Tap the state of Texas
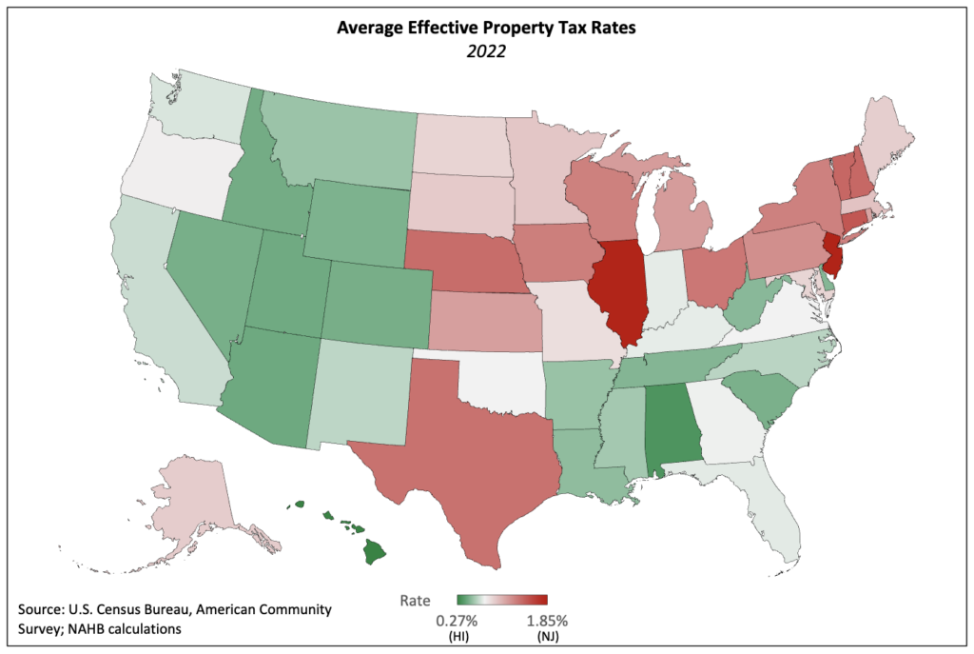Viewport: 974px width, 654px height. pyautogui.click(x=466, y=447)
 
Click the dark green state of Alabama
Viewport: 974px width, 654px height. pyautogui.click(x=673, y=428)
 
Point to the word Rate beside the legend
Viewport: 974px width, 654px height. pyautogui.click(x=414, y=601)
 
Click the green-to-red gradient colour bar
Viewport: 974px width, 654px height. pyautogui.click(x=502, y=601)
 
